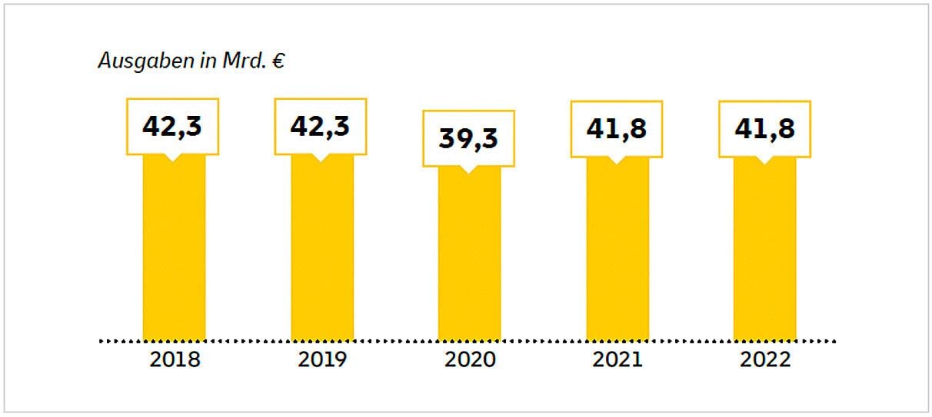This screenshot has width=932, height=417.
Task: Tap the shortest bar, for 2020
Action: coord(469,253)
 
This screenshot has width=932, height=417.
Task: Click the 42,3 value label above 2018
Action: coord(172,127)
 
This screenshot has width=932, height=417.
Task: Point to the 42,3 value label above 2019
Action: coord(321,127)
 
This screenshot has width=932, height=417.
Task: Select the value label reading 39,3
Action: coord(468,138)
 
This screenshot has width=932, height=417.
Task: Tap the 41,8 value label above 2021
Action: coord(616,129)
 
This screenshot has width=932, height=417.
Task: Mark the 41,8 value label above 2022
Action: coord(764,129)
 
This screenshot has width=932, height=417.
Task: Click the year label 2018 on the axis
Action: coord(175,359)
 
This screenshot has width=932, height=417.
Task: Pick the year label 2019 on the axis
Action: coord(322,359)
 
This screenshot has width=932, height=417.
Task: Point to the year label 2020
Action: coord(470,359)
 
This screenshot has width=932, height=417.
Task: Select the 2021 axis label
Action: coord(617,359)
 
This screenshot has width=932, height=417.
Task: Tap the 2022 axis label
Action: coord(765,359)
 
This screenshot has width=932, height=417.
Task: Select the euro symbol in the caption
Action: coord(278,61)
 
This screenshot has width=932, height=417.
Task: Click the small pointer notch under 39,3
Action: coord(468,170)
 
